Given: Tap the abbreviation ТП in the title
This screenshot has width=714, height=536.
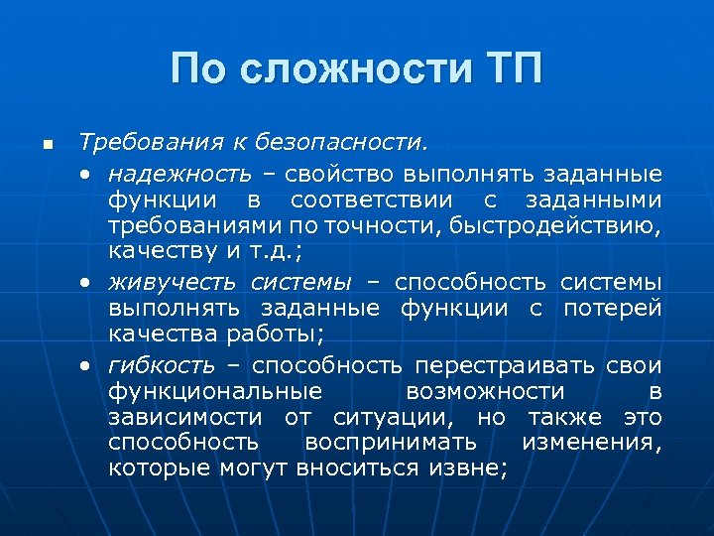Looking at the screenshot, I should (x=509, y=69).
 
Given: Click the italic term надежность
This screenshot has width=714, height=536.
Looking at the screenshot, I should (x=180, y=175).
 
